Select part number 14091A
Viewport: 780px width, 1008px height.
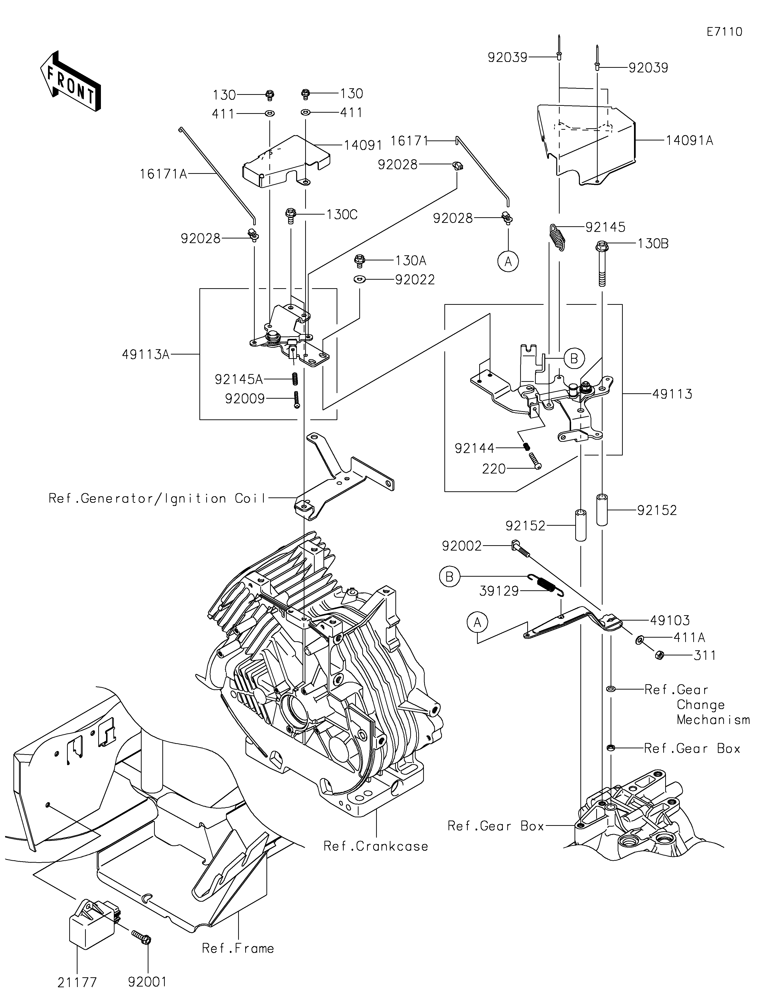689,140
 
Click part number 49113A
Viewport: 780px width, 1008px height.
146,355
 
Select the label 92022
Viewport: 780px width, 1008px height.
415,280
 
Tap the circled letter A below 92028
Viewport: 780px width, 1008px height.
508,262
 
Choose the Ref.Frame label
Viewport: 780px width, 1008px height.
238,949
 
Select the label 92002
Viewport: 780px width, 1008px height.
462,546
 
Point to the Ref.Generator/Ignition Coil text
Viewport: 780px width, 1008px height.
157,498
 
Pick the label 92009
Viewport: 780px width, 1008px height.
245,398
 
